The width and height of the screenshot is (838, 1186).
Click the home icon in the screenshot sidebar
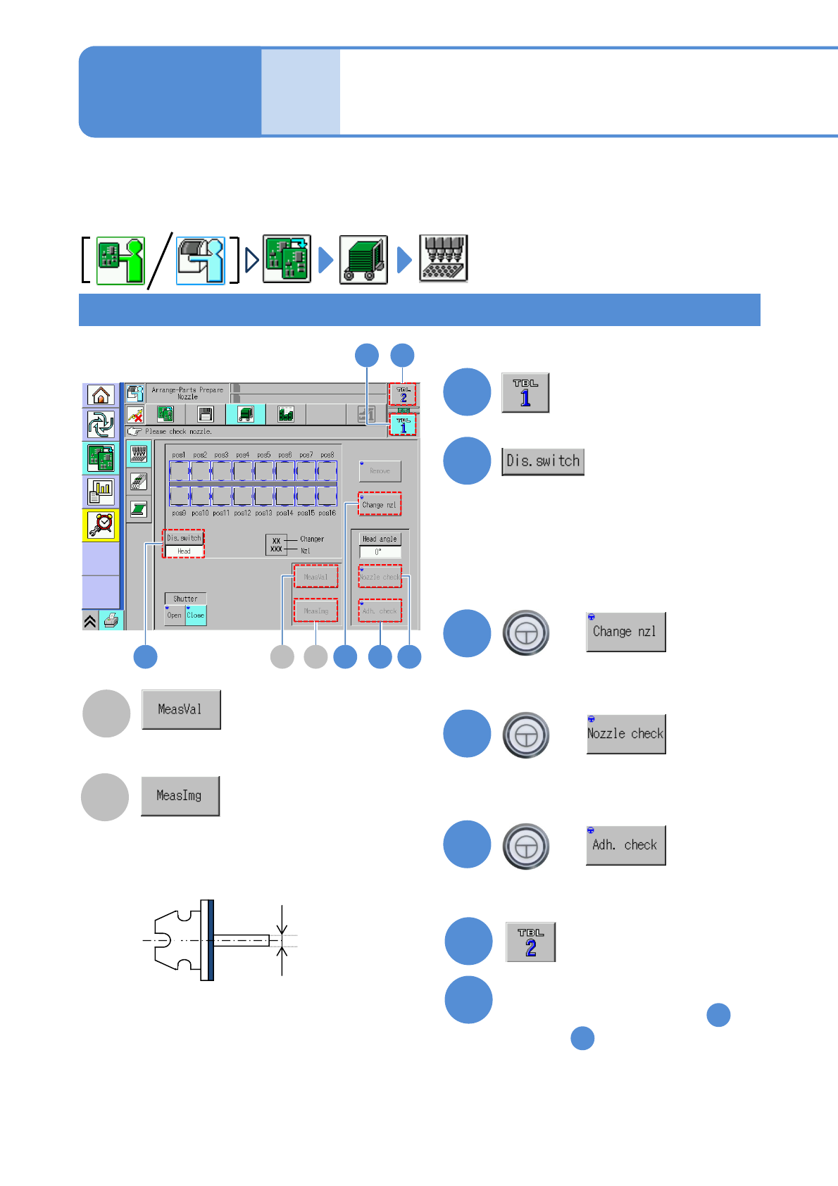[101, 395]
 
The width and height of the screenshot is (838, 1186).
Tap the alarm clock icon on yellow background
[101, 525]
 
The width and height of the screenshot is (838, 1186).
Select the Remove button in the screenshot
[380, 470]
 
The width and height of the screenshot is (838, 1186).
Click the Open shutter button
[174, 615]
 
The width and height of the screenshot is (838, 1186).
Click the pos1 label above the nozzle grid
[179, 455]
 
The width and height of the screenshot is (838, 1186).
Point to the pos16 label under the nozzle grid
[327, 513]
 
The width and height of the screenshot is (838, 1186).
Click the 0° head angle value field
[380, 552]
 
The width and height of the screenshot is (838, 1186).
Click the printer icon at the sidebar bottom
[111, 620]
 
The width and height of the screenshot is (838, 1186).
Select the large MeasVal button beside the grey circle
[181, 709]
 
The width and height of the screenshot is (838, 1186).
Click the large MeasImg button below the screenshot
[180, 796]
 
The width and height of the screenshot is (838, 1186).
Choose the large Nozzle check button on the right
[625, 734]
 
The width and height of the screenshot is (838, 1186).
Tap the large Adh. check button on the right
[625, 845]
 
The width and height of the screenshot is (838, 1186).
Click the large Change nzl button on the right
[625, 632]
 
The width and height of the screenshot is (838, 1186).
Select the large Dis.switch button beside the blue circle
[543, 461]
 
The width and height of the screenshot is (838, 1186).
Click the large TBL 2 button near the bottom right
[531, 942]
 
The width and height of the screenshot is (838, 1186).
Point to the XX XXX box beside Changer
[276, 544]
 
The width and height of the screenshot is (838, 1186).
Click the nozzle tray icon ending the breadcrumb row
[443, 259]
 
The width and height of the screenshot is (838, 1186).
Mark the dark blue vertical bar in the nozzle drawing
[210, 940]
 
